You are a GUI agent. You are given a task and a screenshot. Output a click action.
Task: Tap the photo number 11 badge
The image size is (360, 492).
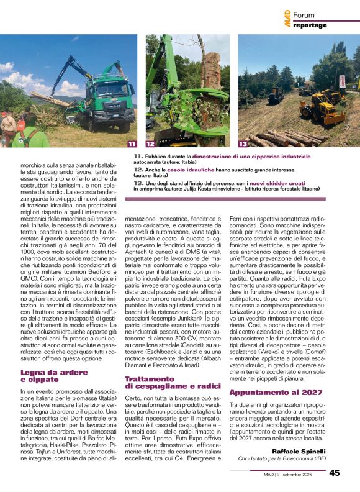coord(132,144)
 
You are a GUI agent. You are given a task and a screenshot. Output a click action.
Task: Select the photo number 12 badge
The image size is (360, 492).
coord(150,144)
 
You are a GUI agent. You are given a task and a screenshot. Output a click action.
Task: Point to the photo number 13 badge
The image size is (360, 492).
coord(243,144)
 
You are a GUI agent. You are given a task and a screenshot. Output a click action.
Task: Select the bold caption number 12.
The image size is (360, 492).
coord(138,168)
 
